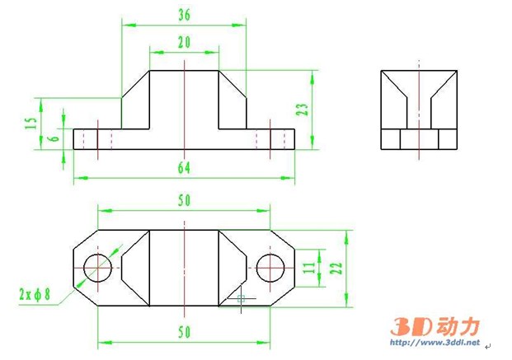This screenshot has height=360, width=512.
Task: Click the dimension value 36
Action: point(184,14)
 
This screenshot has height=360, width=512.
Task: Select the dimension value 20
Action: point(183,42)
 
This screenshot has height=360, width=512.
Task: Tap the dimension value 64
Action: point(183,167)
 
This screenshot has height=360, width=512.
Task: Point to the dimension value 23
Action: point(303,110)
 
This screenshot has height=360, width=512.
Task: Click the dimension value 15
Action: point(31,124)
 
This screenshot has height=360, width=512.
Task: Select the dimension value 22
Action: point(335,268)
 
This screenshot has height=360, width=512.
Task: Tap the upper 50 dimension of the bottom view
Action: point(183,200)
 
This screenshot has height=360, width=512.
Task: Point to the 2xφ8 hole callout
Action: point(35,293)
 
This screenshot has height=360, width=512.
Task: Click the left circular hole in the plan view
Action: point(99,267)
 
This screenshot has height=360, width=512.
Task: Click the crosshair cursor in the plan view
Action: point(241,297)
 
